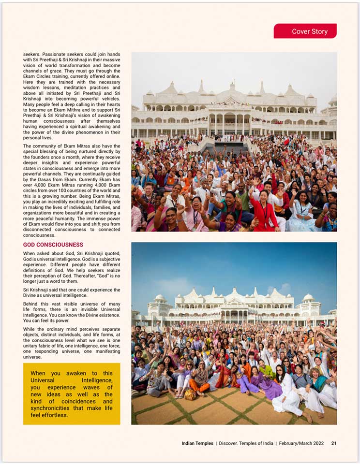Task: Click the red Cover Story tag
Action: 305,31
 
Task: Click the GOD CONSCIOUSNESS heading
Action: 53,245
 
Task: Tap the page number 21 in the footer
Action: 334,443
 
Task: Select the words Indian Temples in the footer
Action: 197,443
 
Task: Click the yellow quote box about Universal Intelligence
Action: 72,393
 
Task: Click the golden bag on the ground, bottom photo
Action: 190,394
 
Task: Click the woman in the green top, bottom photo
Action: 267,369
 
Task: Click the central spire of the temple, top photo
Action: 232,87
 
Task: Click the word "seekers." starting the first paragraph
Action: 31,54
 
